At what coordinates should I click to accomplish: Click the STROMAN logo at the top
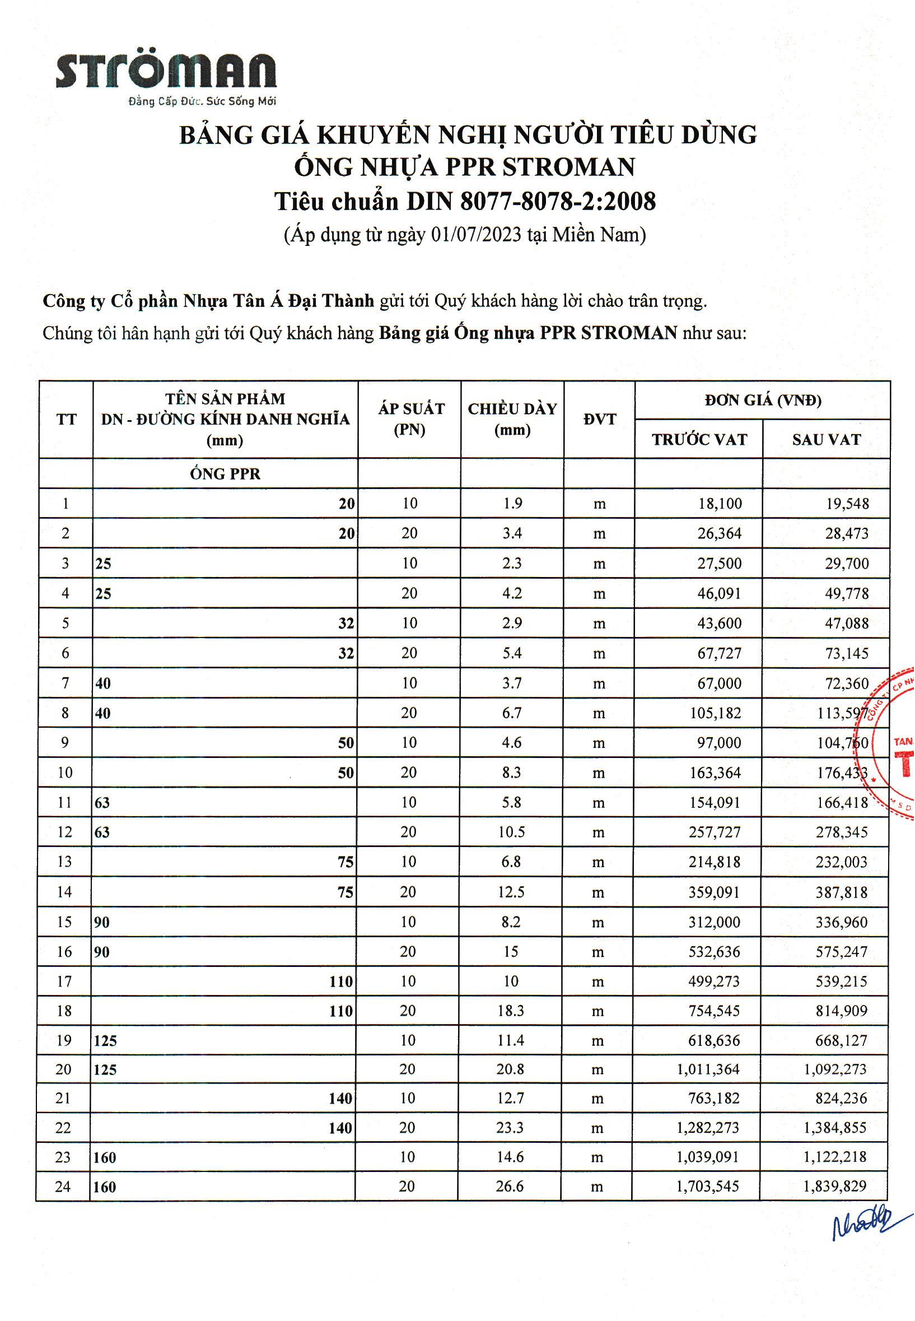[166, 71]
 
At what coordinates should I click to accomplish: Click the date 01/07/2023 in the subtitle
[477, 235]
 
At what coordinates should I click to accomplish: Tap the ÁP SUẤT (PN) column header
[410, 419]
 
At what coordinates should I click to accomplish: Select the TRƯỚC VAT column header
[699, 440]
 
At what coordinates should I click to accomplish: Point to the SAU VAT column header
[826, 440]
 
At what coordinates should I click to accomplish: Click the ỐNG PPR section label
[225, 474]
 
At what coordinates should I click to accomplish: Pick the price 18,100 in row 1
[720, 504]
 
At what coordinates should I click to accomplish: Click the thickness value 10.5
[511, 832]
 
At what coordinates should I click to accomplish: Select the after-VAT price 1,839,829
[835, 1186]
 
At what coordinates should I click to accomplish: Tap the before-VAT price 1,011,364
[708, 1069]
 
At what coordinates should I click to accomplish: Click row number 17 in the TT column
[64, 982]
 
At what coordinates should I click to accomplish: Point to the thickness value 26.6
[510, 1186]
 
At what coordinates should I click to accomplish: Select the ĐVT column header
[600, 419]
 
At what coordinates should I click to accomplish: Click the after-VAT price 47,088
[847, 624]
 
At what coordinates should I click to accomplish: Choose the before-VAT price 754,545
[715, 1011]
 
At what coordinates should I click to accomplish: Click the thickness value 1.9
[512, 504]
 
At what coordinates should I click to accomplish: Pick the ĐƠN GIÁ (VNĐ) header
[763, 401]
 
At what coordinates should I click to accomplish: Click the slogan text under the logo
[202, 102]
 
